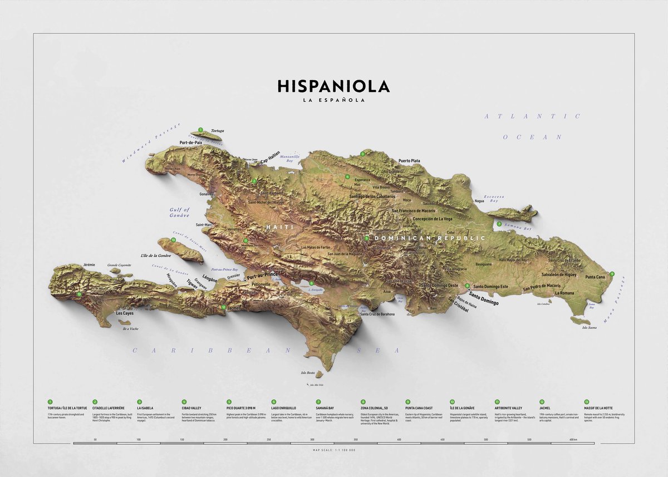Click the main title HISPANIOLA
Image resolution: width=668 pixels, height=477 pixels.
[333, 86]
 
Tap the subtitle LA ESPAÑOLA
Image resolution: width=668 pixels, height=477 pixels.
[333, 101]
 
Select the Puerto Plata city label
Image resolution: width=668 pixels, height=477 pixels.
[409, 161]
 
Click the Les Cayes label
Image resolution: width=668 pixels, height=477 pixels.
[125, 313]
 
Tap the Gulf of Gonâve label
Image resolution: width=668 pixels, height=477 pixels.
[180, 212]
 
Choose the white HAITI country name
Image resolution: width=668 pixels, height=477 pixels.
[277, 228]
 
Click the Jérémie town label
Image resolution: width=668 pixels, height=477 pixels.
[89, 264]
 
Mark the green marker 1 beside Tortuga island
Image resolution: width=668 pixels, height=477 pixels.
[200, 130]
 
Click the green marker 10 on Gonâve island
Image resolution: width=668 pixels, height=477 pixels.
[174, 240]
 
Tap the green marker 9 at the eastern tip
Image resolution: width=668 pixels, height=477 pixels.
[612, 273]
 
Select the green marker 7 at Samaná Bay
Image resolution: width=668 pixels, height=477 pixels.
[499, 224]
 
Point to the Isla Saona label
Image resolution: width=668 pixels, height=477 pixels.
[589, 328]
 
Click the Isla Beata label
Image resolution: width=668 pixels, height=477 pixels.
[308, 373]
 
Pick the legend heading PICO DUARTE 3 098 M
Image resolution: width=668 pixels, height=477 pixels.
[241, 409]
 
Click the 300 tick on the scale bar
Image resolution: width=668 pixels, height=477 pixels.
[312, 440]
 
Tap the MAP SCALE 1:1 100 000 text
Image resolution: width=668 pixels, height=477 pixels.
[334, 450]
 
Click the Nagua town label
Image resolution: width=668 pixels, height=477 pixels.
[479, 200]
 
